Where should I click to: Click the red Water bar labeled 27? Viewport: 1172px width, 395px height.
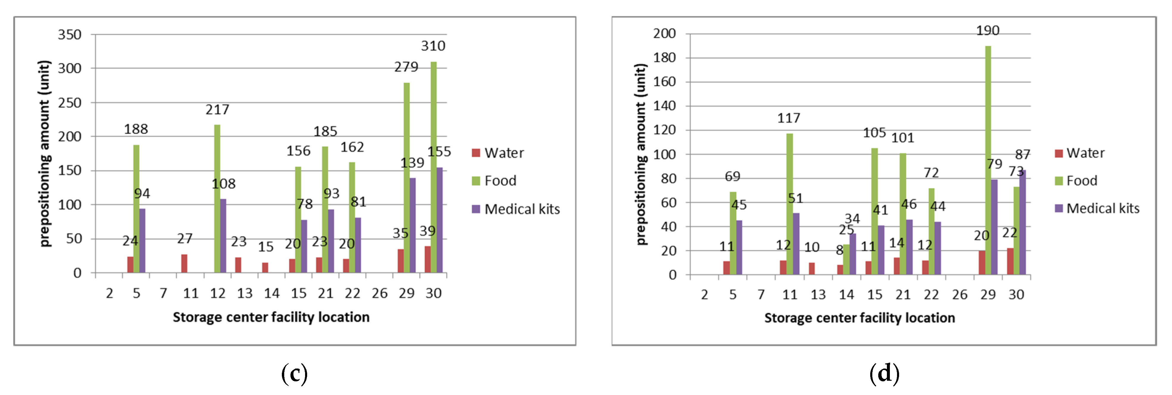[x=184, y=264]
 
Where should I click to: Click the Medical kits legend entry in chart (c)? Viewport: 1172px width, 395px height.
[x=516, y=209]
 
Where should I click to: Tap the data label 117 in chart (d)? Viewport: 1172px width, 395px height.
[x=788, y=118]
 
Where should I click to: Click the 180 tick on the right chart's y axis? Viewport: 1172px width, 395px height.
[x=664, y=58]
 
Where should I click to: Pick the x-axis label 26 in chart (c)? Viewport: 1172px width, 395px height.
[x=379, y=294]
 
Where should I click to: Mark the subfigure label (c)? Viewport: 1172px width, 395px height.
[x=294, y=374]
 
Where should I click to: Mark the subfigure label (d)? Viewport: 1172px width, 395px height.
[x=884, y=374]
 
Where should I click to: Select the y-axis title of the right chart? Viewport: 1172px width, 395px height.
[x=640, y=155]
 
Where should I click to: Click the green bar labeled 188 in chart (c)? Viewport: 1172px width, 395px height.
[x=136, y=209]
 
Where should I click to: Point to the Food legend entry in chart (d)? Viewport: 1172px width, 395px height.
[x=1076, y=181]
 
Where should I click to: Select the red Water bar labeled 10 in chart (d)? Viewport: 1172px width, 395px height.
[x=812, y=269]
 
